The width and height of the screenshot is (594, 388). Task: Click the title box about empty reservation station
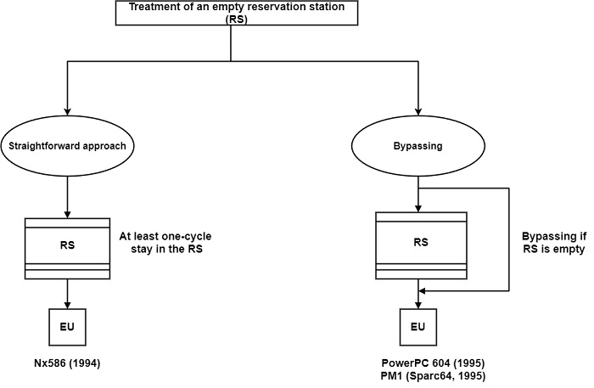[x=231, y=12]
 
